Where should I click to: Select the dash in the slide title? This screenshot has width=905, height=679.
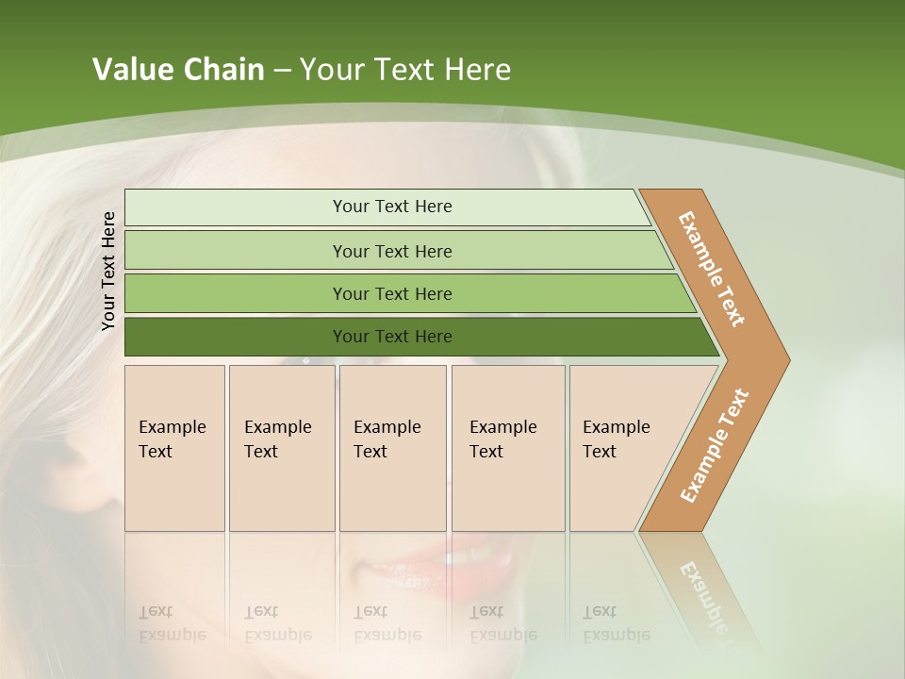tap(282, 71)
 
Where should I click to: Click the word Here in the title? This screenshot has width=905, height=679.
tap(477, 70)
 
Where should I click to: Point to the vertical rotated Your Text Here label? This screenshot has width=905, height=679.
tap(108, 271)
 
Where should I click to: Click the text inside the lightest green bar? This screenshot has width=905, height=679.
tap(392, 207)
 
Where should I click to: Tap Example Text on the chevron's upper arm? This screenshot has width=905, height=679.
tap(712, 269)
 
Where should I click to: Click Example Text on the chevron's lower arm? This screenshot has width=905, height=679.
tap(715, 445)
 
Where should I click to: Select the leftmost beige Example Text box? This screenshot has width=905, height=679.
tap(174, 448)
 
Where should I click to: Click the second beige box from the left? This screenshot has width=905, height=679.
tap(281, 448)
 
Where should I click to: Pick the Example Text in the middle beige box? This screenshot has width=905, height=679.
tap(387, 439)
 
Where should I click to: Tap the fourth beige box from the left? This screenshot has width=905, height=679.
tap(508, 448)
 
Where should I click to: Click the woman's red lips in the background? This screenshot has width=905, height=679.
tap(443, 566)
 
